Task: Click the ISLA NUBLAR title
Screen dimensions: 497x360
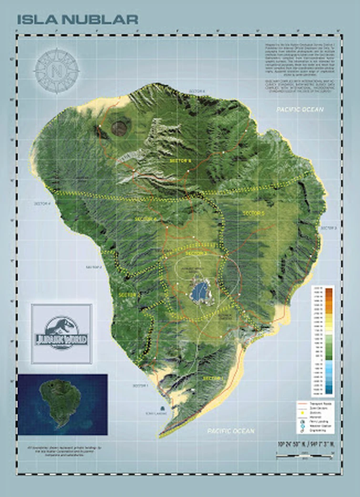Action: tap(78, 20)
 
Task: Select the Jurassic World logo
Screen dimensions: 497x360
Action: tap(62, 333)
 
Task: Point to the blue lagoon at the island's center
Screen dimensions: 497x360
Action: tap(200, 290)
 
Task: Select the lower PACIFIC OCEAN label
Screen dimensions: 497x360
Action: tap(231, 431)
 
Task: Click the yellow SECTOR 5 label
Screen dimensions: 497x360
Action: tap(253, 213)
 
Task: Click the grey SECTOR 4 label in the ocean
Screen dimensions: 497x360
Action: tap(42, 204)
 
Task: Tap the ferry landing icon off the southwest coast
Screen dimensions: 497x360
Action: tap(164, 408)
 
